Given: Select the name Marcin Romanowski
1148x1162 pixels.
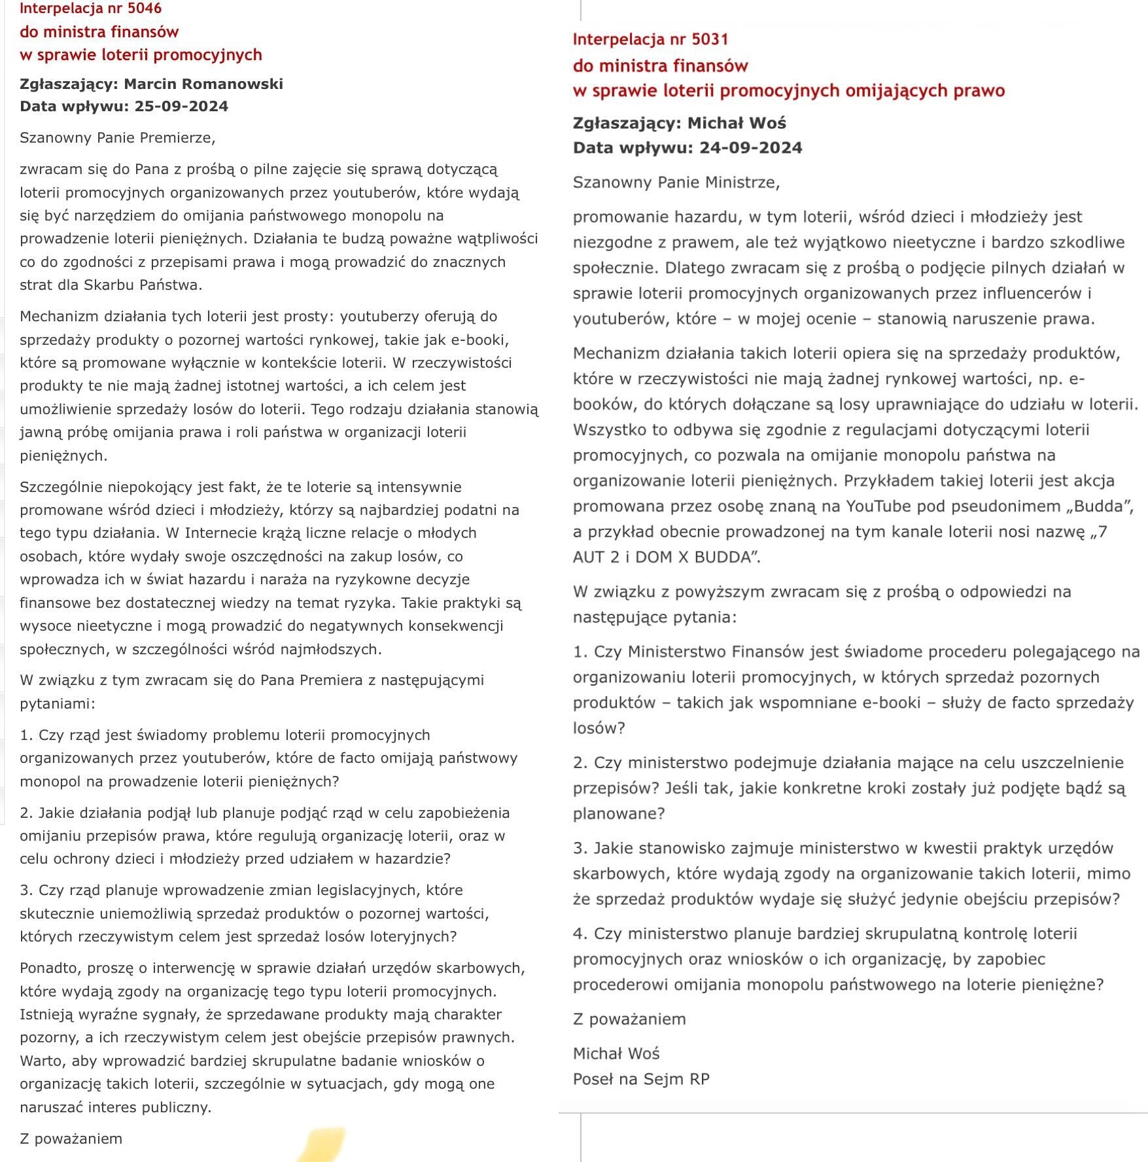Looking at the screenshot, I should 203,84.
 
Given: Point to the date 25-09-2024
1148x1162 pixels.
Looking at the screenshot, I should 181,107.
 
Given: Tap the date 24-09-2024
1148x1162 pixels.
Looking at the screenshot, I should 750,148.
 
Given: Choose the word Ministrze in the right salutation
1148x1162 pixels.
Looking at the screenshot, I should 744,182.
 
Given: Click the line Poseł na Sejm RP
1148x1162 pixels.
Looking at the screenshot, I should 640,1079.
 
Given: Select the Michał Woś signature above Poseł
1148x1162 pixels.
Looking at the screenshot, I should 616,1053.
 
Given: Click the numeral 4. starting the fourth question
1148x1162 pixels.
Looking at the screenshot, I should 580,934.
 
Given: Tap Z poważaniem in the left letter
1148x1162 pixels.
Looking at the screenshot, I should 71,1138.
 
